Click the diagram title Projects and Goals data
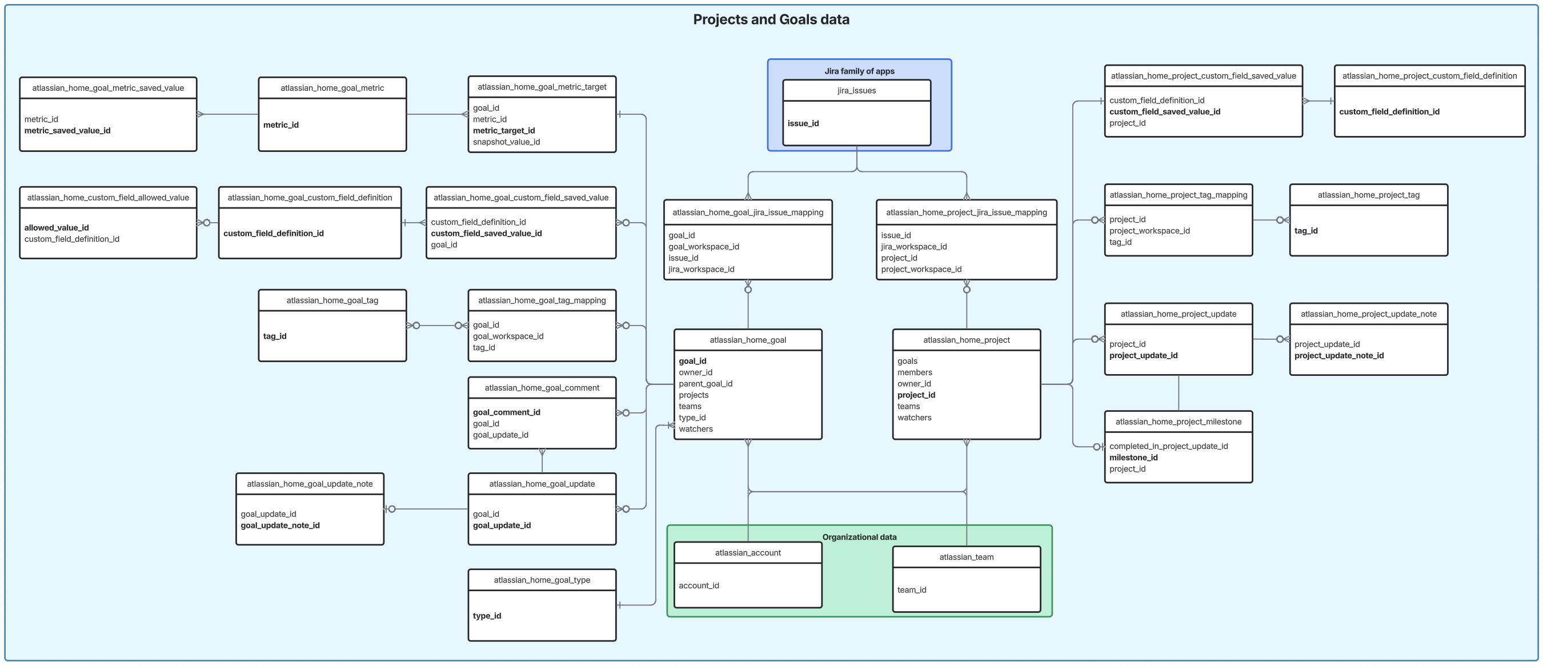771,20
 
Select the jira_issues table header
856,90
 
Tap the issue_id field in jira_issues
803,123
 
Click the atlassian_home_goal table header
748,340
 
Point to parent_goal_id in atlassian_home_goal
705,383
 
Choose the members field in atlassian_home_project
914,372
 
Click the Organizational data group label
859,537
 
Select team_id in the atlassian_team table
911,589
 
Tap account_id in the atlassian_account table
699,585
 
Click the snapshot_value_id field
506,142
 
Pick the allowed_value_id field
57,227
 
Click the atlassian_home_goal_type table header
542,580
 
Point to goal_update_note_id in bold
280,525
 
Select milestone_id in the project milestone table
1133,457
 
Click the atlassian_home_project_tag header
1368,195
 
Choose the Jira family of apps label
859,71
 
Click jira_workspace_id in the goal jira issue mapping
701,269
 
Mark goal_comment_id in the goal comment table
506,412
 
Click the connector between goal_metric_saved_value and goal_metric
227,114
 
